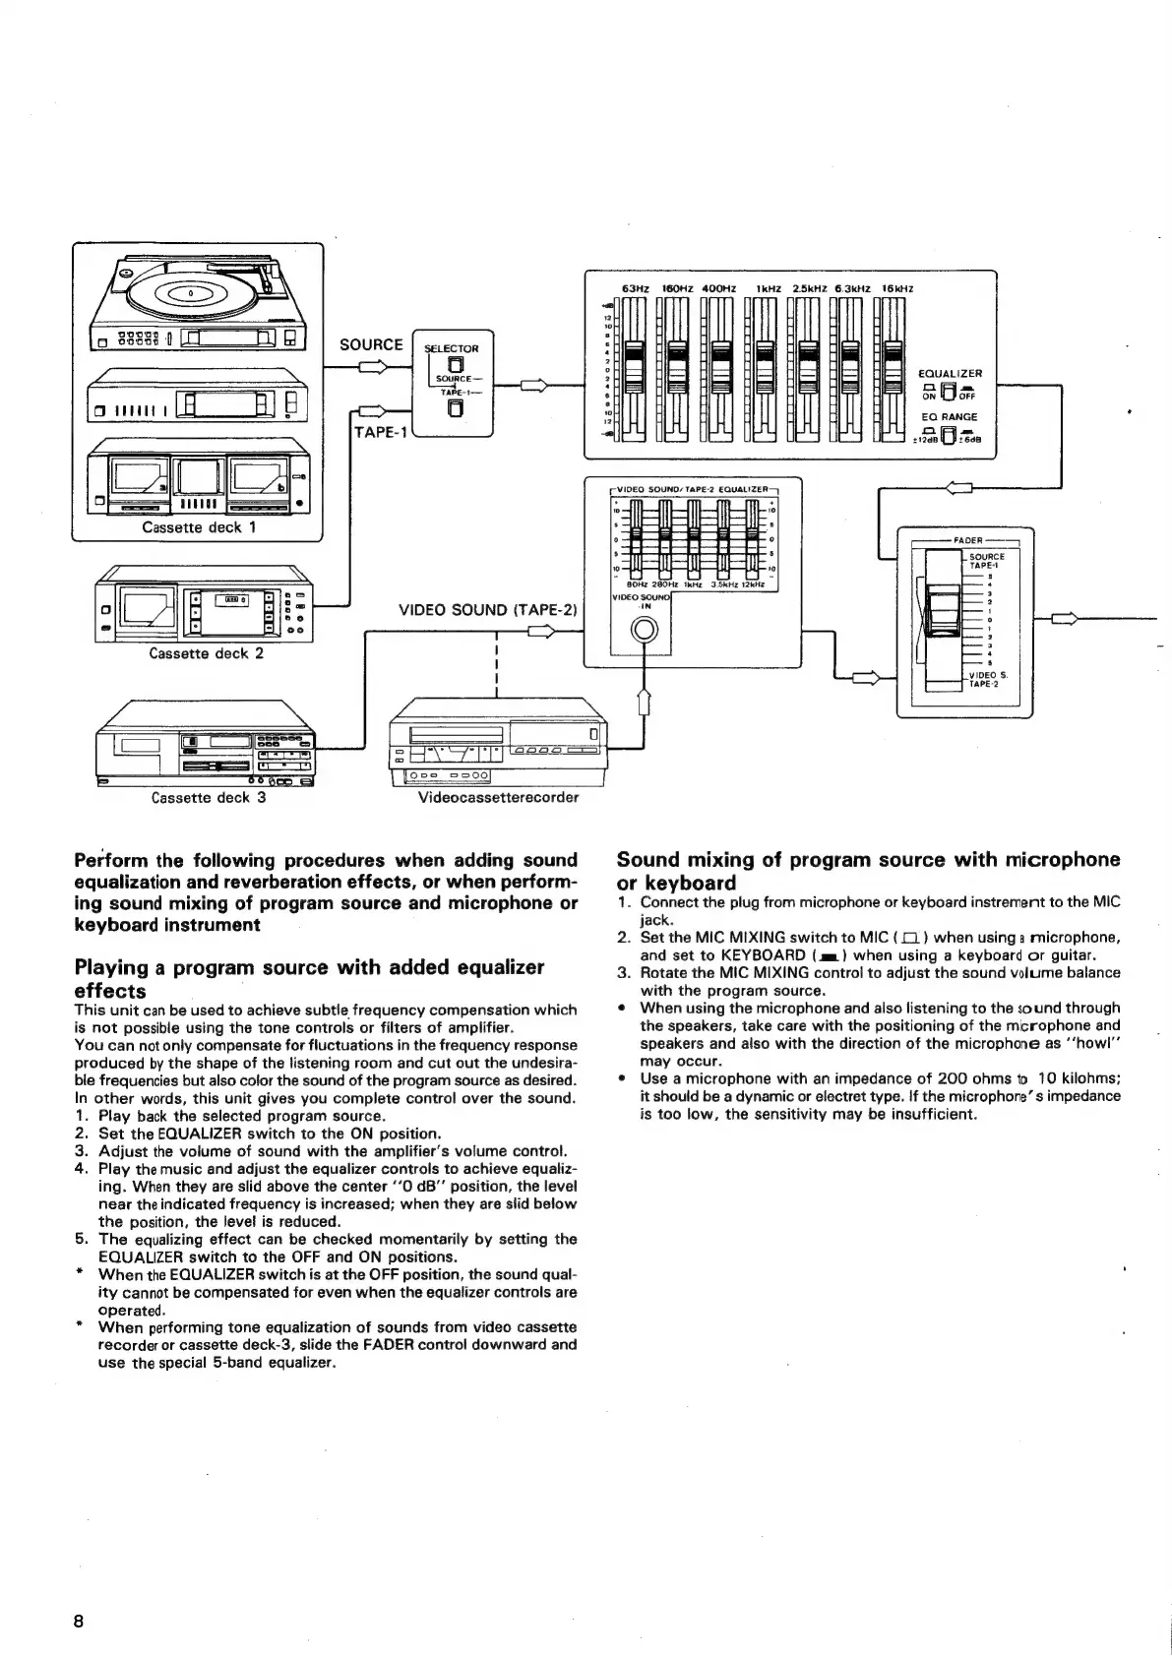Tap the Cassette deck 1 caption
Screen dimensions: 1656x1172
point(198,527)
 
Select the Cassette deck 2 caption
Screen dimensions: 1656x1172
point(206,652)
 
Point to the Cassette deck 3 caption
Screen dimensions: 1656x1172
point(209,797)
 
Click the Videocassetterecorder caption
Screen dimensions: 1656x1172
point(498,797)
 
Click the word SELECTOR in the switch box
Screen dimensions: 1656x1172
point(451,348)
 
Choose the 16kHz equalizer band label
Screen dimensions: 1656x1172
point(896,288)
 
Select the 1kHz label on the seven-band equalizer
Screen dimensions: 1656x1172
point(767,288)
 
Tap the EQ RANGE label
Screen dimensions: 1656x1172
point(949,417)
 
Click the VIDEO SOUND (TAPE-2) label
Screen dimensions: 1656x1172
point(486,610)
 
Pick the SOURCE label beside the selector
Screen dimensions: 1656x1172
point(371,344)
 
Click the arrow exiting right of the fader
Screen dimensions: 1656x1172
point(1066,619)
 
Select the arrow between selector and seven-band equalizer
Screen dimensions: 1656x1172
point(534,385)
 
